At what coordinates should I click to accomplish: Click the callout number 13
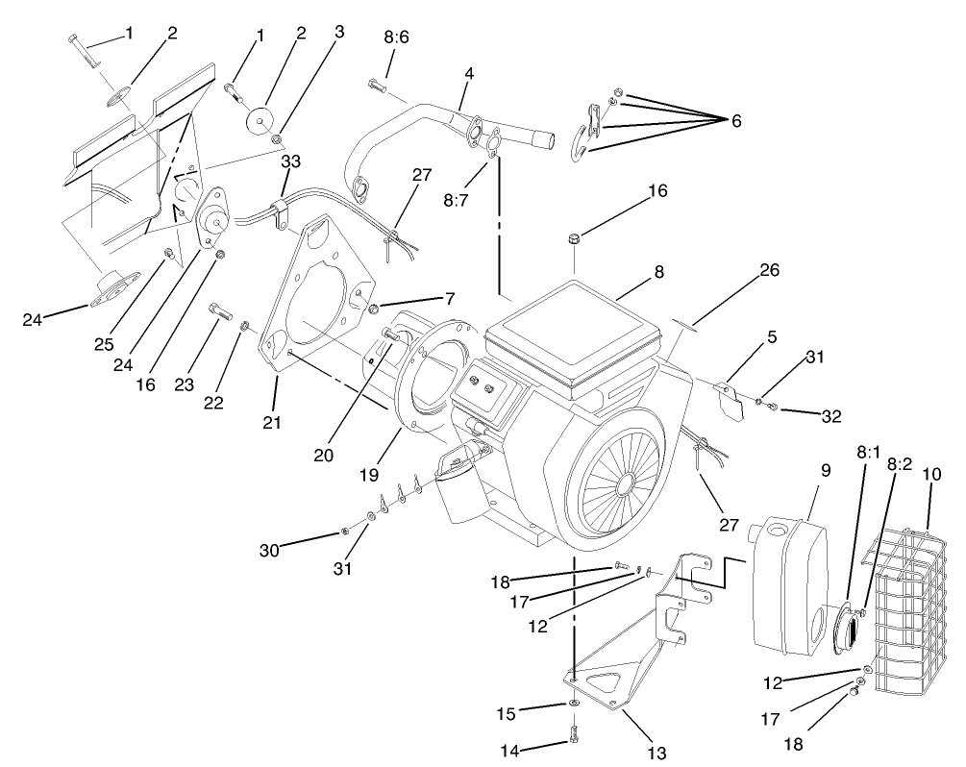(631, 752)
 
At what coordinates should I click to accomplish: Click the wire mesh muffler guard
(908, 615)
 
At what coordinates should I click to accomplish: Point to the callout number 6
(735, 121)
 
